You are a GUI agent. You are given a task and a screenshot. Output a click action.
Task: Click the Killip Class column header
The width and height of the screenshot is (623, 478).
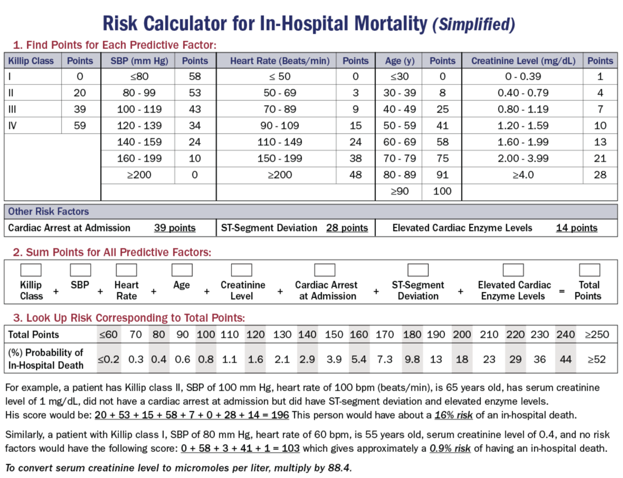point(31,61)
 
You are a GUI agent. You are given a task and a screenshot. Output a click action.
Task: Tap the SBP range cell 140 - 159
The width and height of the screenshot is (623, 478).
point(139,142)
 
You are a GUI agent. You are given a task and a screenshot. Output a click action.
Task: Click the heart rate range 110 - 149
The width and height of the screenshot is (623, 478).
point(280,142)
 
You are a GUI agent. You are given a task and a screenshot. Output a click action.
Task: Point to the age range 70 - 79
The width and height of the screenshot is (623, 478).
point(399,159)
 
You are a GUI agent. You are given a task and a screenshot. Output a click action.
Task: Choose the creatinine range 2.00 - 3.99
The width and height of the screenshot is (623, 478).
point(523,159)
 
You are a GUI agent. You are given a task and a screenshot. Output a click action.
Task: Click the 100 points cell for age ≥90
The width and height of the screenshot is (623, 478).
point(442,191)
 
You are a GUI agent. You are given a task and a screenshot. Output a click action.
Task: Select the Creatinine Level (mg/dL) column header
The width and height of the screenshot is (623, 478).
point(523,61)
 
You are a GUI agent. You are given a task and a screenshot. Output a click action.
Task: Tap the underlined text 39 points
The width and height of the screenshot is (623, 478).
point(175,228)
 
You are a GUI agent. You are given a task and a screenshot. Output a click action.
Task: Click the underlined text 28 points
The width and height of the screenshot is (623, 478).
point(347,228)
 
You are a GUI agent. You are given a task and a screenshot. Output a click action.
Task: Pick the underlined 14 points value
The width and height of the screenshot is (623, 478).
point(576,228)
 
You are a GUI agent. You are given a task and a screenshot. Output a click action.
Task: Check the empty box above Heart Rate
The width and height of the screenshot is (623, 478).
point(126,270)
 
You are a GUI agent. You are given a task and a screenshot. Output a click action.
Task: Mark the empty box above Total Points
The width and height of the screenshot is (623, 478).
point(589,270)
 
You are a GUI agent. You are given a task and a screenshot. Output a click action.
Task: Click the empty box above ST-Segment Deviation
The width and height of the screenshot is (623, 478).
point(418,270)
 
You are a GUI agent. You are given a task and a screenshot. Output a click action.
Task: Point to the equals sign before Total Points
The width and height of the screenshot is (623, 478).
point(562,291)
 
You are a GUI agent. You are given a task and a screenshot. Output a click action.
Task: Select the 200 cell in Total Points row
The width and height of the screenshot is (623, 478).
point(462,335)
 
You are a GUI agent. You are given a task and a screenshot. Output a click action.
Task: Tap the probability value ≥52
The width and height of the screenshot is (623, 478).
point(596,360)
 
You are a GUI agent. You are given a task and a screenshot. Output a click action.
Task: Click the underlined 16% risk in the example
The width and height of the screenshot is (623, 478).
point(453,415)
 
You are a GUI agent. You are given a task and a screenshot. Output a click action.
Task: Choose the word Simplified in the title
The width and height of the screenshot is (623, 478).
point(474,24)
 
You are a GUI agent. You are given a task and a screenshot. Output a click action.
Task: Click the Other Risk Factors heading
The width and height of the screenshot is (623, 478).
point(48,212)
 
